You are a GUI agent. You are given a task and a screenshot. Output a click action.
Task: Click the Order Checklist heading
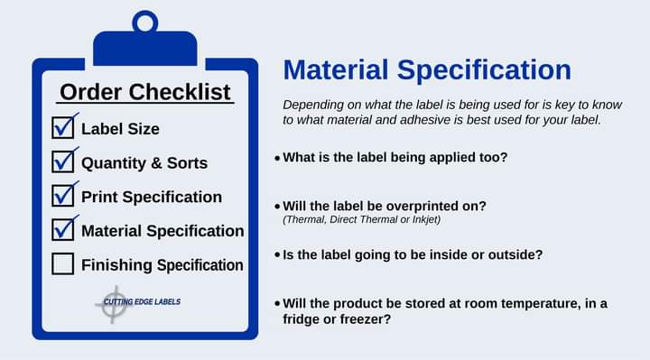click(145, 92)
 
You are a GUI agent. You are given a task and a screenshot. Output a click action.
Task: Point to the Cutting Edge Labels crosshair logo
click(114, 303)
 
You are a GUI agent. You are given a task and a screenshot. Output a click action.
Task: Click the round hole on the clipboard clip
click(144, 22)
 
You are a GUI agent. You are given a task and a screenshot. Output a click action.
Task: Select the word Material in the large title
click(338, 70)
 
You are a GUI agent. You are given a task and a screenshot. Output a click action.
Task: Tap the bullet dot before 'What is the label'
click(277, 158)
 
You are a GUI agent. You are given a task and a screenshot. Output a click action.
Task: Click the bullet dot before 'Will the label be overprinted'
click(277, 206)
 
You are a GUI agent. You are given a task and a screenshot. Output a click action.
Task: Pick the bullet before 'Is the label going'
click(277, 255)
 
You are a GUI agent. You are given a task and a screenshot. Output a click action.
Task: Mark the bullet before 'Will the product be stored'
click(277, 304)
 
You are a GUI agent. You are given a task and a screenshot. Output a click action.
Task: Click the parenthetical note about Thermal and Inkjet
click(361, 219)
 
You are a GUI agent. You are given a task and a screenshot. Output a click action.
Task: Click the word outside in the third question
click(515, 254)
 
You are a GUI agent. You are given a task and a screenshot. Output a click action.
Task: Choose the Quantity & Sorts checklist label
click(144, 163)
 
